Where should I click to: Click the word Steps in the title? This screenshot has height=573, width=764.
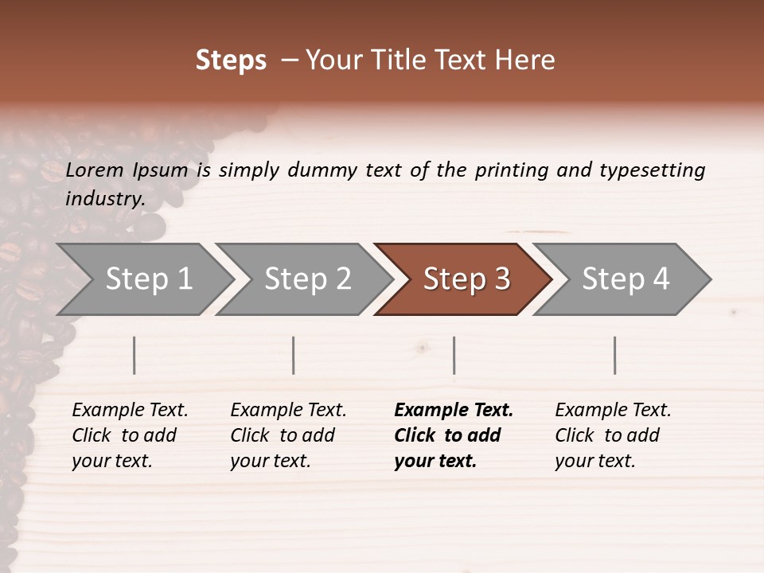[x=231, y=60]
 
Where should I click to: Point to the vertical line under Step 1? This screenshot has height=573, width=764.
[x=134, y=355]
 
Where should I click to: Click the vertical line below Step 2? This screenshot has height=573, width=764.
[x=294, y=355]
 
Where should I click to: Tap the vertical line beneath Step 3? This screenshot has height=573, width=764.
[x=454, y=355]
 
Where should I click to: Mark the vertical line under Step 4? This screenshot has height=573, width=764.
[x=615, y=355]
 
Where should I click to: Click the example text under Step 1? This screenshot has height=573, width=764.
[x=130, y=435]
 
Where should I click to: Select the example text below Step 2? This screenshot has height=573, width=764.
[x=288, y=435]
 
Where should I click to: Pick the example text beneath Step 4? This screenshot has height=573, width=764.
[x=613, y=435]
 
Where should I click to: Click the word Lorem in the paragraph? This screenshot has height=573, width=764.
[x=94, y=170]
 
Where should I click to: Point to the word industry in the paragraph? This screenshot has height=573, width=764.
[x=105, y=199]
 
